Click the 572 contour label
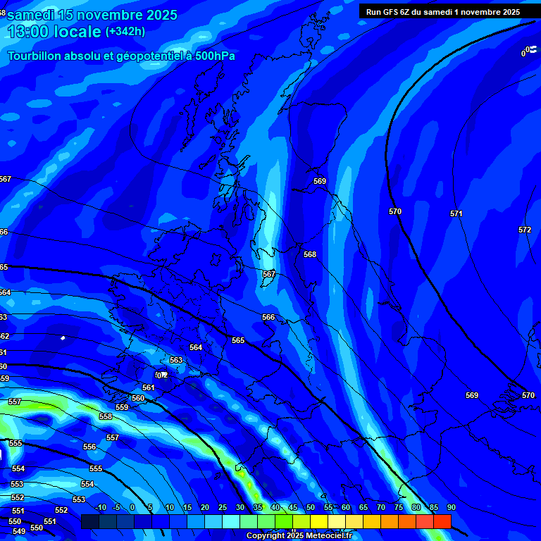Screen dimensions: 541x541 (x=525, y=230)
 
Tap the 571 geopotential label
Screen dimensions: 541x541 (x=456, y=213)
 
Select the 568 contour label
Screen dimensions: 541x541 (x=310, y=254)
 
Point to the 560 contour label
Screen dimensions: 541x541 (x=138, y=398)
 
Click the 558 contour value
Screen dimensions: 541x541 (x=106, y=416)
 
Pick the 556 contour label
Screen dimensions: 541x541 (x=89, y=447)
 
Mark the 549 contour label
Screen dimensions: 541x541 (x=19, y=531)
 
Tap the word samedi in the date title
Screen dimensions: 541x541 (x=34, y=15)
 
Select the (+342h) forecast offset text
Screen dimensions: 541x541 (x=125, y=32)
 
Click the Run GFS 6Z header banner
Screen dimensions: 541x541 (x=443, y=11)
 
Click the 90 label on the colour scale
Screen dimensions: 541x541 (x=451, y=507)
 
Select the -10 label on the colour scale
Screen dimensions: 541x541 (x=100, y=507)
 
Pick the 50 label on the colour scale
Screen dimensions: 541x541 (x=310, y=507)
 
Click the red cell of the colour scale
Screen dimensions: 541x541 (x=442, y=521)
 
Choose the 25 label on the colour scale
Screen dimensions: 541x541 (x=222, y=507)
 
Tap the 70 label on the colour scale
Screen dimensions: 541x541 (x=380, y=507)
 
